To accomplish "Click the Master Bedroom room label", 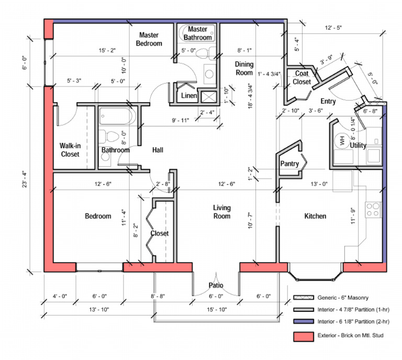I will pyautogui.click(x=149, y=39).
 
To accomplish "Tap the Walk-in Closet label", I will pyautogui.click(x=70, y=150).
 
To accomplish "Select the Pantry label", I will pyautogui.click(x=289, y=164).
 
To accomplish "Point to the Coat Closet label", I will pyautogui.click(x=302, y=78).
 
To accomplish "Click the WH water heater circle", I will pyautogui.click(x=341, y=140).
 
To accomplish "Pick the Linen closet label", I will pyautogui.click(x=189, y=96).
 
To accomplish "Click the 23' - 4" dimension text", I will pyautogui.click(x=33, y=179).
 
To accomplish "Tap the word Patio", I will pyautogui.click(x=216, y=286).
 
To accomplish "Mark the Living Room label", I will pyautogui.click(x=221, y=212).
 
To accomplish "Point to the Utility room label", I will pyautogui.click(x=358, y=145).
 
